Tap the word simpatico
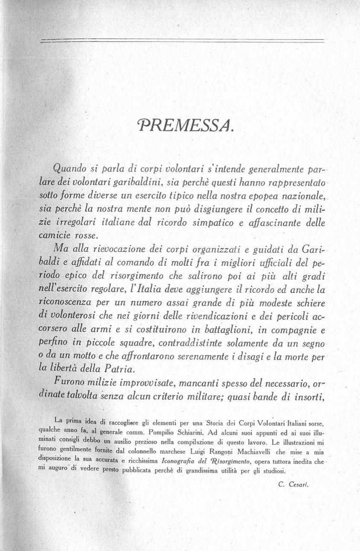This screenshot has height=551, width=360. pyautogui.click(x=203, y=223)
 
